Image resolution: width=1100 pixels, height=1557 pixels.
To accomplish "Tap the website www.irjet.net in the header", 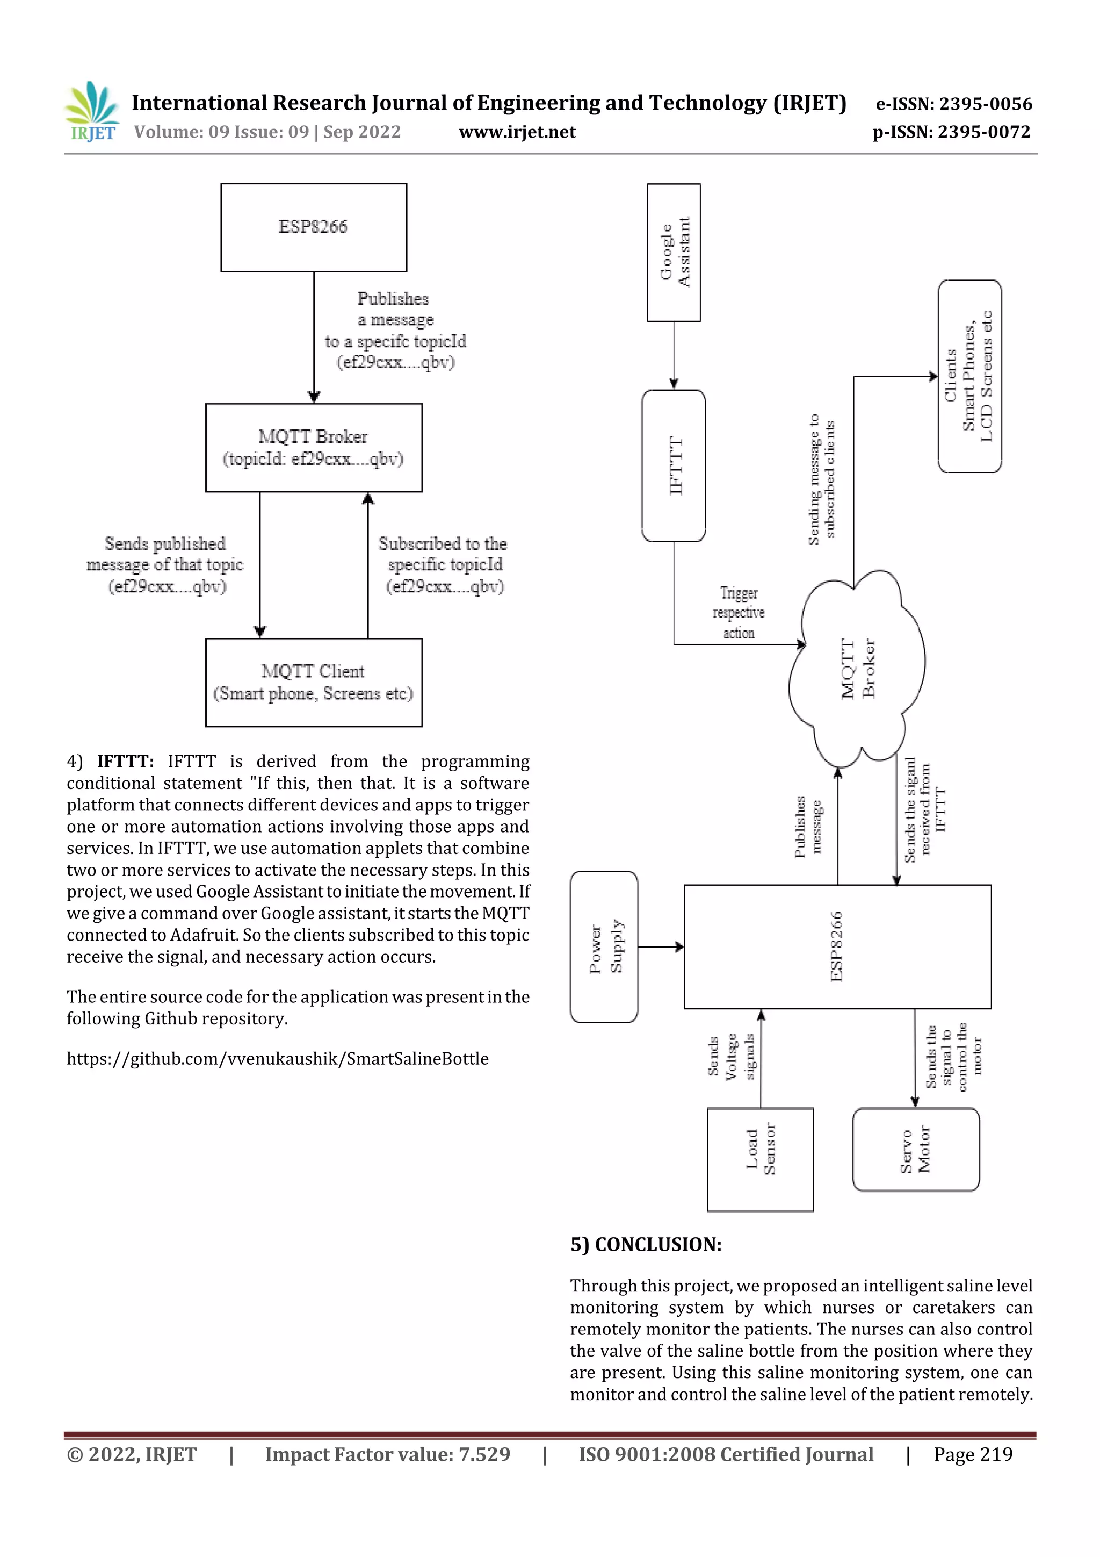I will point(517,132).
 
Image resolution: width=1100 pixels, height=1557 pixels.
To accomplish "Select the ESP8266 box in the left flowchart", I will point(313,227).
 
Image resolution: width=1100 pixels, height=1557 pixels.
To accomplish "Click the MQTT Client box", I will point(313,682).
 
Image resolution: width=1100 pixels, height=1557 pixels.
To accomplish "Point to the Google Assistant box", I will point(674,252).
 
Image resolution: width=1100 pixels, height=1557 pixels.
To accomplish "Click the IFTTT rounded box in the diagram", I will point(674,465).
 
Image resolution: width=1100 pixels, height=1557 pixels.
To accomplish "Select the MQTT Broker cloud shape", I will point(857,668).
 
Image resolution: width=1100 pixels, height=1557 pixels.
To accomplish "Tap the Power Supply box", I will point(604,946).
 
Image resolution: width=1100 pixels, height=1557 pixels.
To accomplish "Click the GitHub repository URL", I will point(277,1059).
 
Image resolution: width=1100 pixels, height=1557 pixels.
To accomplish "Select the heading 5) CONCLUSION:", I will point(646,1244).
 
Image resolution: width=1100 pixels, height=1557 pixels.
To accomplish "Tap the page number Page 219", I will point(973,1454).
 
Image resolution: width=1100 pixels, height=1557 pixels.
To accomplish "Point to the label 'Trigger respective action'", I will point(738,612).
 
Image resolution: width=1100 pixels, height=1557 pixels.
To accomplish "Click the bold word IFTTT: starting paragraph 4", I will point(125,762).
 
